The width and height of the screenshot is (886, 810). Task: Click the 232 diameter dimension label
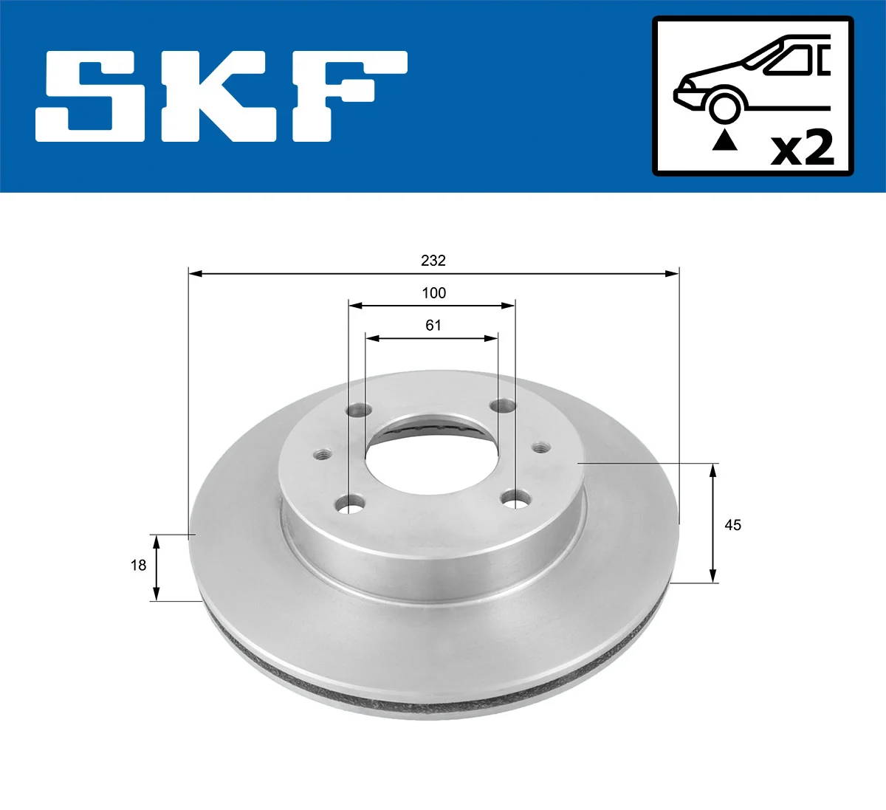tap(433, 261)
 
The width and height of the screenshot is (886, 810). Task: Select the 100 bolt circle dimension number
tap(433, 293)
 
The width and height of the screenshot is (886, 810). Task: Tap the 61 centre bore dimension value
tap(433, 326)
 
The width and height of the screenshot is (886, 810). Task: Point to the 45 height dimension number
tap(732, 525)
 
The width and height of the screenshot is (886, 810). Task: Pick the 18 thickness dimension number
tap(138, 566)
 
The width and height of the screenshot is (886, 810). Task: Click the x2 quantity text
tap(802, 147)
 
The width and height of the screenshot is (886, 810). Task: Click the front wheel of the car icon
tap(724, 106)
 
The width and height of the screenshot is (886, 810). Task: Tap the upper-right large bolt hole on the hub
tap(504, 405)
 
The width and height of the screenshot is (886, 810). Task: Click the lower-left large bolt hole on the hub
tap(350, 506)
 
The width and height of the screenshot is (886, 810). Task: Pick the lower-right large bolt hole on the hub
tap(515, 500)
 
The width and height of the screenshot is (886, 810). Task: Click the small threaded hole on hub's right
tap(540, 447)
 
